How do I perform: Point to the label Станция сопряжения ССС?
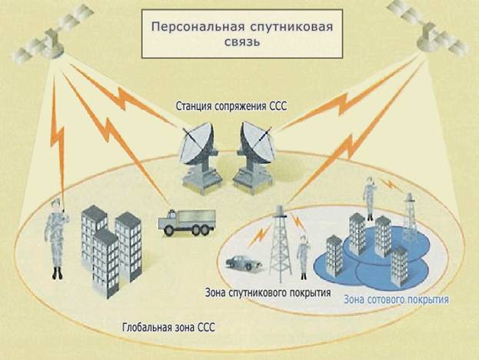(230, 106)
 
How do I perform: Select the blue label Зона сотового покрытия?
(397, 298)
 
